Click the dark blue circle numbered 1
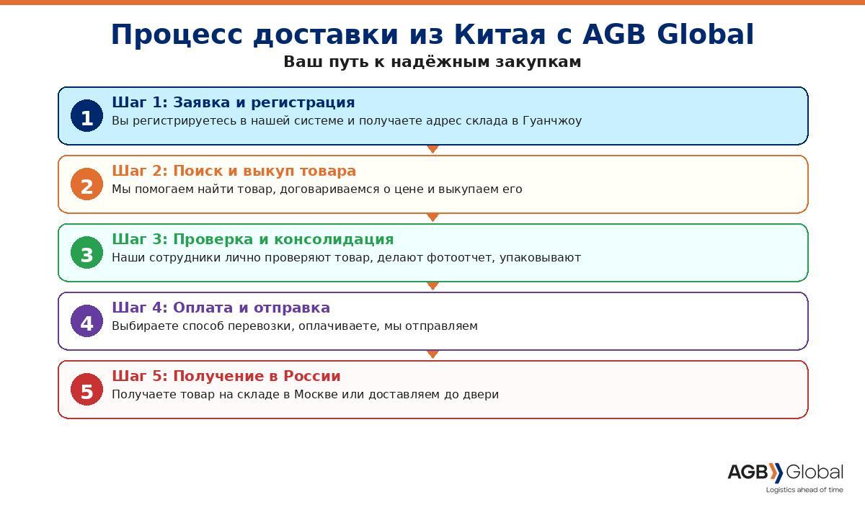[87, 116]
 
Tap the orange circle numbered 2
[87, 184]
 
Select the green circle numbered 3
[87, 253]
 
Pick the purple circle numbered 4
[87, 321]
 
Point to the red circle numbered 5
[87, 389]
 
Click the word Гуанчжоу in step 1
[552, 121]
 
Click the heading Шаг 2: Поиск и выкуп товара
[234, 171]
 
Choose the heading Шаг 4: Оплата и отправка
[221, 308]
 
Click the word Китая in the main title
[500, 34]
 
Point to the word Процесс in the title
[177, 35]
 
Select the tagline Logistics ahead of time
[804, 490]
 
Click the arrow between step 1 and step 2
[433, 149]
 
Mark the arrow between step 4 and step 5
[433, 354]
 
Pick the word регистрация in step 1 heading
[303, 102]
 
